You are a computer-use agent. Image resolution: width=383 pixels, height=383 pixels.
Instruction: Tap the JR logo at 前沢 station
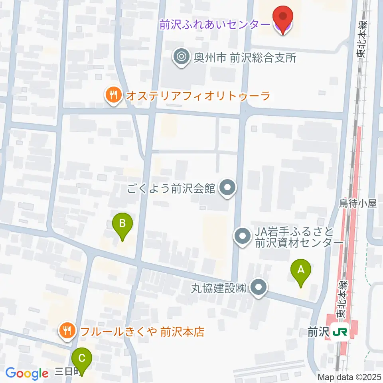pyautogui.click(x=340, y=331)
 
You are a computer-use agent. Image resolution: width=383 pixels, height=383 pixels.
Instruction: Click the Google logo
pyautogui.click(x=27, y=373)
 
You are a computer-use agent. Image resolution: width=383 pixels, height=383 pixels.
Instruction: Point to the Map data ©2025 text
pyautogui.click(x=349, y=377)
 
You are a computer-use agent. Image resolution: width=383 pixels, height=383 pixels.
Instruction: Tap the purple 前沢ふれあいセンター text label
pyautogui.click(x=214, y=25)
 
